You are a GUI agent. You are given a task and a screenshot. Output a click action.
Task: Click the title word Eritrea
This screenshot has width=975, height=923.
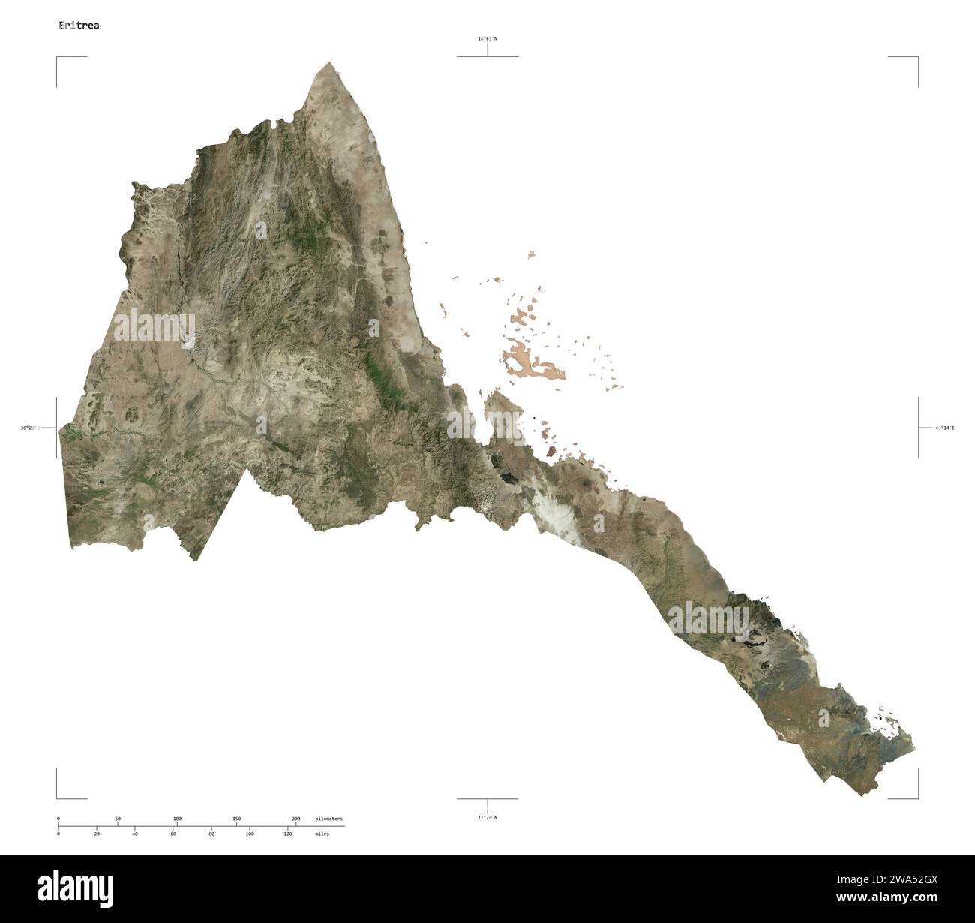[79, 25]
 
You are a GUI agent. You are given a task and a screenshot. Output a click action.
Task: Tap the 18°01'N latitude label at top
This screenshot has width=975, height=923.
[487, 38]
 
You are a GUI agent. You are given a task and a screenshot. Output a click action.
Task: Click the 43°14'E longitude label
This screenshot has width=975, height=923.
[944, 428]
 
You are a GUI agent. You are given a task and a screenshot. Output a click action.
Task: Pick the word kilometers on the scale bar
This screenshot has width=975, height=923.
[329, 818]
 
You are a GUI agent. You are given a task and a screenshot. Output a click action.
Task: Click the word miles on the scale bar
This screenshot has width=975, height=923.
[322, 834]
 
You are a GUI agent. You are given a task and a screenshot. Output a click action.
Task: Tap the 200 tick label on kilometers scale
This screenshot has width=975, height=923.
[295, 818]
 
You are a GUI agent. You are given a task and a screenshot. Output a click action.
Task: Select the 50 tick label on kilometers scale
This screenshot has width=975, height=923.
[117, 818]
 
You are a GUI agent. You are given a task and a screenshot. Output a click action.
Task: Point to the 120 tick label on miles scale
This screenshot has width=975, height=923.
[288, 834]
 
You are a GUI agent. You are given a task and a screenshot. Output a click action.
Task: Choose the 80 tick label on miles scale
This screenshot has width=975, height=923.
[211, 834]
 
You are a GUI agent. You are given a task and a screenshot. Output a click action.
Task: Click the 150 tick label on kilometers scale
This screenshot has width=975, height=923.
[236, 818]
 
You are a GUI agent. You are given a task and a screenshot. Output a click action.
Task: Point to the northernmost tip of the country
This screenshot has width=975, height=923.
[330, 63]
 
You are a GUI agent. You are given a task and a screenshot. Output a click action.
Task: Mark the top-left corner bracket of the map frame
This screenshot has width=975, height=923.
[58, 58]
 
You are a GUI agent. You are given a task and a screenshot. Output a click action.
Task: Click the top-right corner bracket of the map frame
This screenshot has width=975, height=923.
[916, 58]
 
